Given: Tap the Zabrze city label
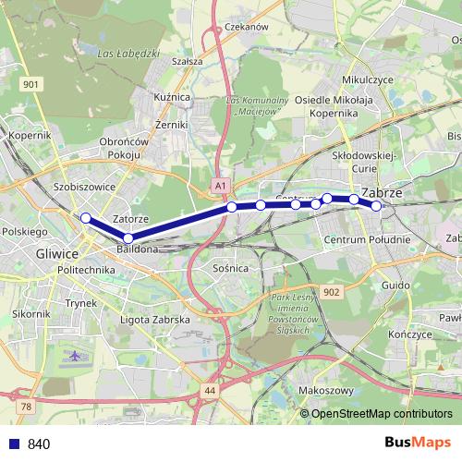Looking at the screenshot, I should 382,193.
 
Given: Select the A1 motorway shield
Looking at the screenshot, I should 219,186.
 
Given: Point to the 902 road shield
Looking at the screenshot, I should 333,291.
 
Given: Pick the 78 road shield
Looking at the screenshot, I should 26,406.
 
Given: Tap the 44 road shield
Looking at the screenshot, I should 210,392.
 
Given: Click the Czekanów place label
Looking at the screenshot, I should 245,27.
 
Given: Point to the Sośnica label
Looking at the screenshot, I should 229,268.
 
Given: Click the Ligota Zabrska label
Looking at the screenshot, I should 155,320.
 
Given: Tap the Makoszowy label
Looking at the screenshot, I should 327,391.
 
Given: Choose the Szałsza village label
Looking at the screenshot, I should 187,61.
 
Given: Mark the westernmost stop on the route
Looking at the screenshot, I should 85,218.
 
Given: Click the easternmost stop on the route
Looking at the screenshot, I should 376,206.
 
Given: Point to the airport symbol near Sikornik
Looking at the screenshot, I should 75,354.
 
